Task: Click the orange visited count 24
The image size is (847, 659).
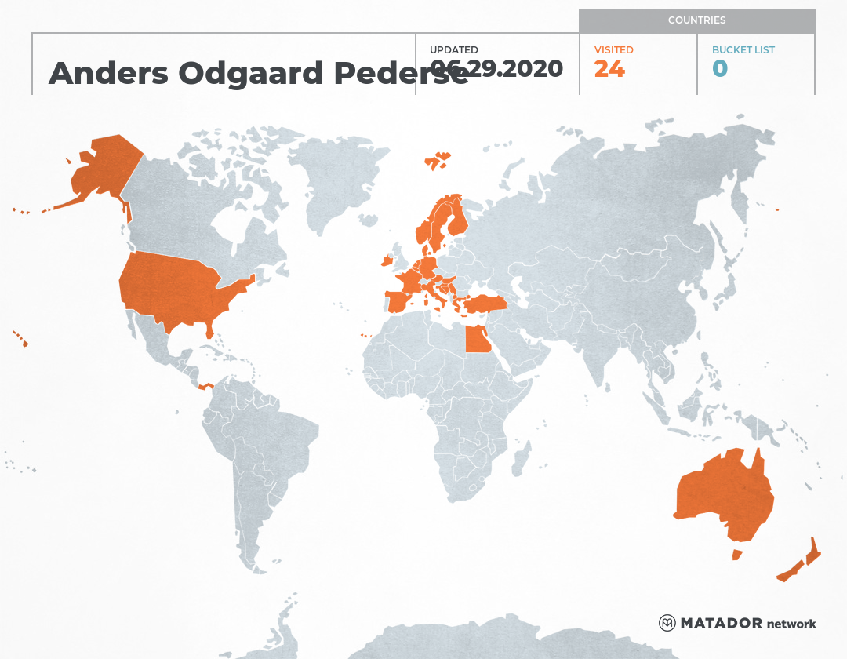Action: click(x=609, y=69)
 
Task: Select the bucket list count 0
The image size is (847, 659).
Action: click(x=720, y=69)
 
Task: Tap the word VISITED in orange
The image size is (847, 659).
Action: click(x=613, y=50)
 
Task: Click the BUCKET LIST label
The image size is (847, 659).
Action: click(x=743, y=50)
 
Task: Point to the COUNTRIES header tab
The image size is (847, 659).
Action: click(x=696, y=20)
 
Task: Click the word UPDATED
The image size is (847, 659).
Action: click(x=454, y=50)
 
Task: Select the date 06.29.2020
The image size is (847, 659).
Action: click(x=496, y=69)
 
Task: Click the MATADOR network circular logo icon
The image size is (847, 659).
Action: click(x=667, y=623)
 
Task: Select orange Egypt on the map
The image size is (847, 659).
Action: click(x=478, y=340)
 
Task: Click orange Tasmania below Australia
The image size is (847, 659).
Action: click(x=736, y=555)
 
